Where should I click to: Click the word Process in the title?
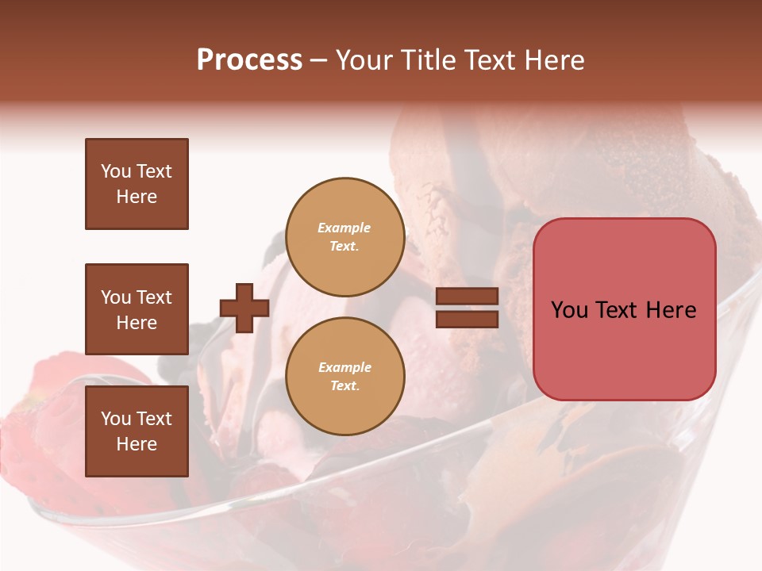pyautogui.click(x=249, y=60)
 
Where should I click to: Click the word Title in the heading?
pyautogui.click(x=426, y=60)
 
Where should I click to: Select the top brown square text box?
pyautogui.click(x=137, y=184)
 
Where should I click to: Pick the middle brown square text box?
pyautogui.click(x=137, y=309)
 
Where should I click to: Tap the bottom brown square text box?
pyautogui.click(x=137, y=431)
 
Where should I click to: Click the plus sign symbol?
pyautogui.click(x=244, y=308)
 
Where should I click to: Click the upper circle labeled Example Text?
pyautogui.click(x=344, y=236)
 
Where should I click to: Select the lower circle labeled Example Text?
pyautogui.click(x=344, y=376)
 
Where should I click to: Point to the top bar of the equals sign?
pyautogui.click(x=467, y=296)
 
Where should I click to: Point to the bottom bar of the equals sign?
pyautogui.click(x=467, y=320)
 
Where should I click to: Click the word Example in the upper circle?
pyautogui.click(x=344, y=228)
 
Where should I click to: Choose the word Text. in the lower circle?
pyautogui.click(x=344, y=385)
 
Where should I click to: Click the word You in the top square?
pyautogui.click(x=115, y=171)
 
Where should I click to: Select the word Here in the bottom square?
pyautogui.click(x=137, y=444)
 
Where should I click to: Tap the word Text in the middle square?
pyautogui.click(x=153, y=297)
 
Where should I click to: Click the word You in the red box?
pyautogui.click(x=569, y=310)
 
